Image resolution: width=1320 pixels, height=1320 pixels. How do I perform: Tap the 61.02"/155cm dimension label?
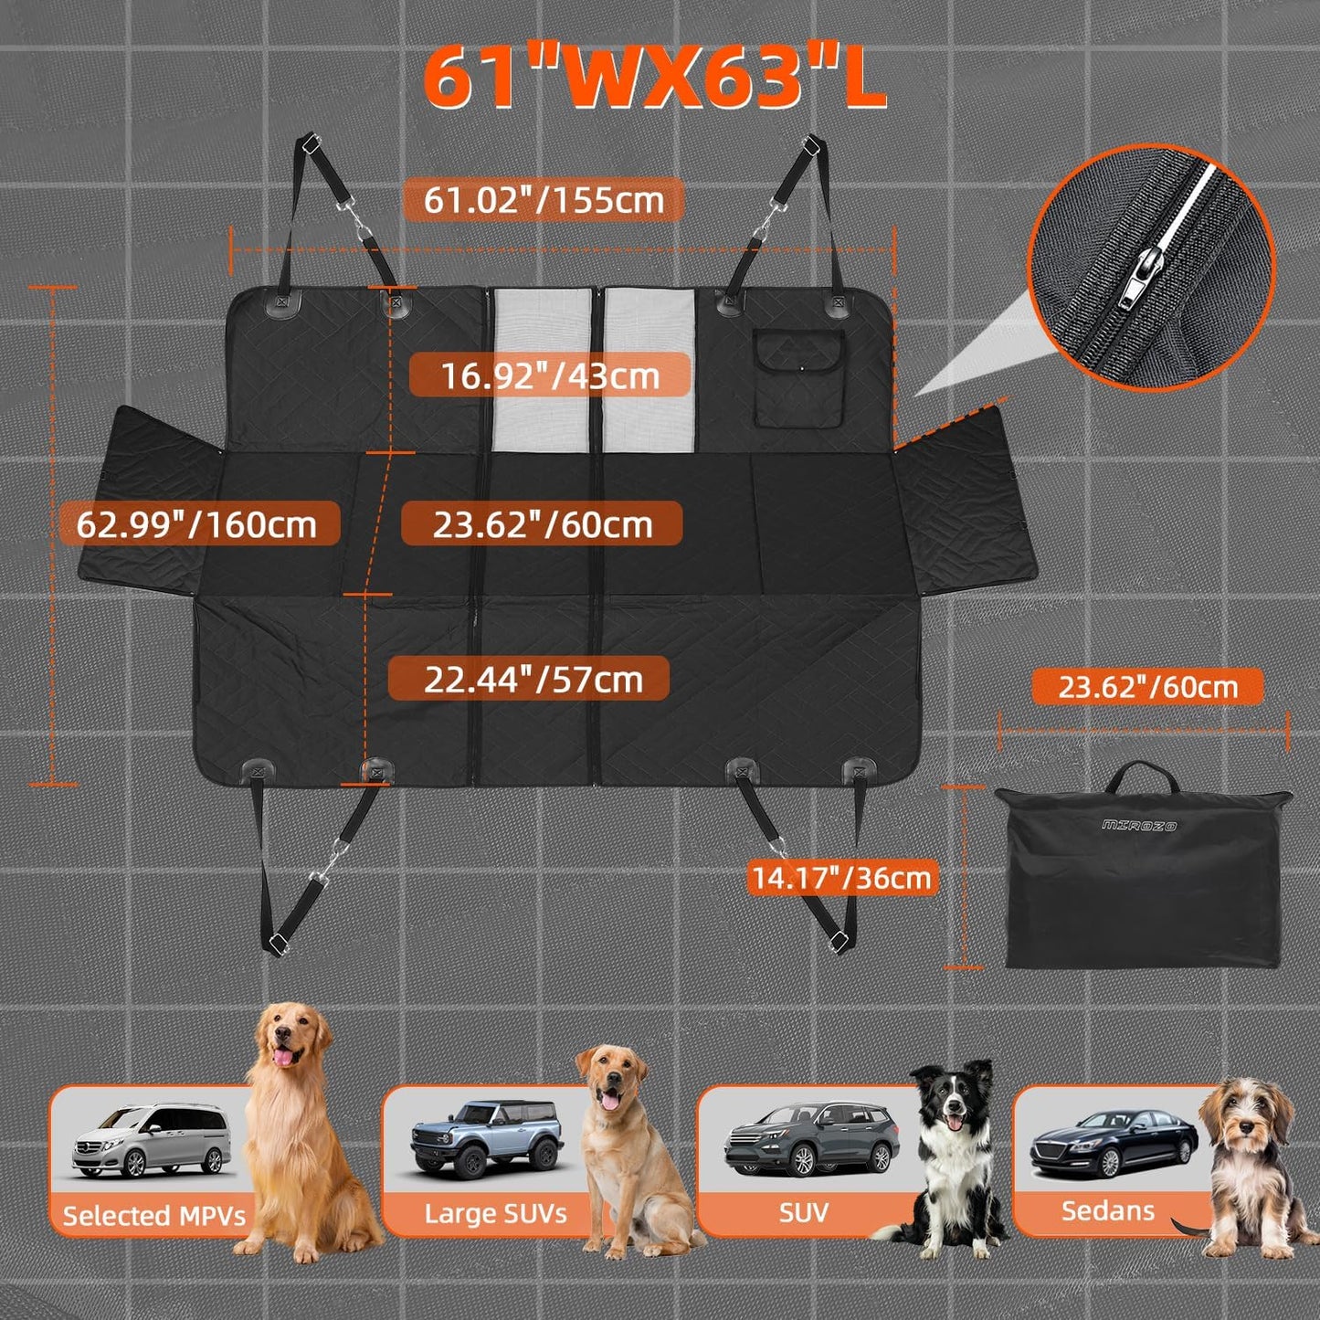[544, 199]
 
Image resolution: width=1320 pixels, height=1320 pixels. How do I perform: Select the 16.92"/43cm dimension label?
[550, 375]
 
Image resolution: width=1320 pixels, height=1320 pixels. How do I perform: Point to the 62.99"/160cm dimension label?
[196, 524]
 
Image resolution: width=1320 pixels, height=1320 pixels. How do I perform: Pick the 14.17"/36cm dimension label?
[840, 878]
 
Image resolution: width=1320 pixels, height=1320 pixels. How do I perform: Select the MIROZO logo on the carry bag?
[1139, 825]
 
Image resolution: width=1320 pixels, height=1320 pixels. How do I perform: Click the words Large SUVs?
[495, 1213]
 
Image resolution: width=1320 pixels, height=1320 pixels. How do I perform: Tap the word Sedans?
[1107, 1210]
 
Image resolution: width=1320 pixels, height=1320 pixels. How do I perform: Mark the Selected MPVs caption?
[153, 1215]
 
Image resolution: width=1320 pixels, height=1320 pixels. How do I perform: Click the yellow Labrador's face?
[609, 1081]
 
